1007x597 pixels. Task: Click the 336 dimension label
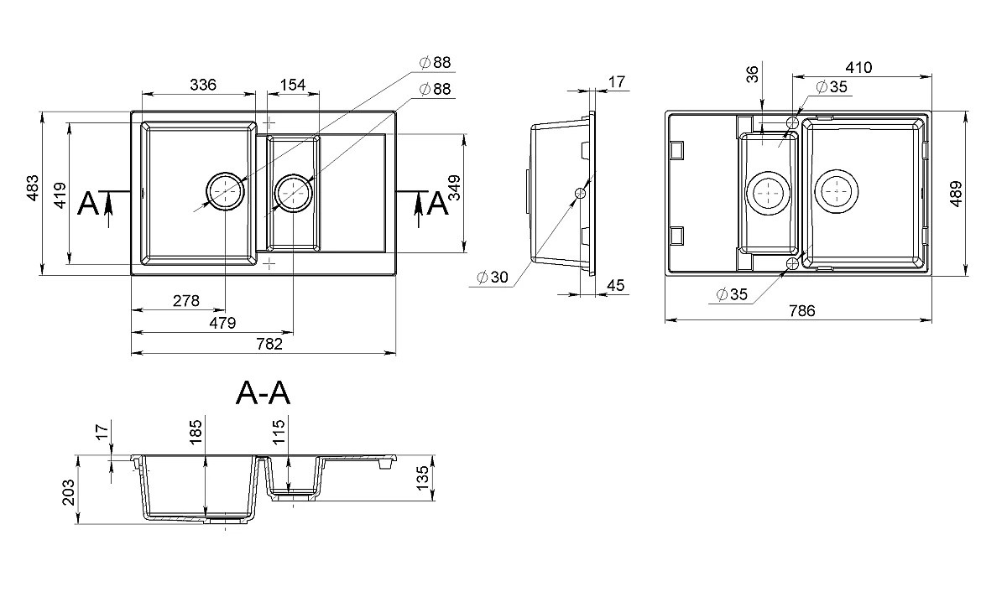(x=203, y=85)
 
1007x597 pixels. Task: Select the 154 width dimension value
(x=293, y=85)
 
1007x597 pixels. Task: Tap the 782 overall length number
(x=269, y=344)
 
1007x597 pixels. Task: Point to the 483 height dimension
(x=33, y=188)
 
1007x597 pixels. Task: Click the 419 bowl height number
(x=60, y=195)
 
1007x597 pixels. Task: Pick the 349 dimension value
(x=455, y=188)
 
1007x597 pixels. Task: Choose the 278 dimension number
(x=186, y=300)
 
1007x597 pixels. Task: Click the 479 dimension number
(x=222, y=323)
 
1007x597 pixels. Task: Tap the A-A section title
(x=263, y=393)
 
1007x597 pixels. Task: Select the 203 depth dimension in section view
(x=68, y=493)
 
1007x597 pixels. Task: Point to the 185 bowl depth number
(x=196, y=433)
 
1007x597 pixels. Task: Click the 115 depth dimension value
(x=279, y=432)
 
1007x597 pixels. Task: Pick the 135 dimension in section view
(x=423, y=479)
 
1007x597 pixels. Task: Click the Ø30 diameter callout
(x=493, y=278)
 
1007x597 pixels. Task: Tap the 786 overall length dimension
(x=802, y=310)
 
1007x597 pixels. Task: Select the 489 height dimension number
(x=956, y=194)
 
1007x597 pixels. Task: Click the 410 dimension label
(x=858, y=67)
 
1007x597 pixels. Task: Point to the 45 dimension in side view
(x=615, y=285)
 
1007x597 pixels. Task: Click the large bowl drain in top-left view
(x=225, y=191)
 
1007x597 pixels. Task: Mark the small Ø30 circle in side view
(x=581, y=193)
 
